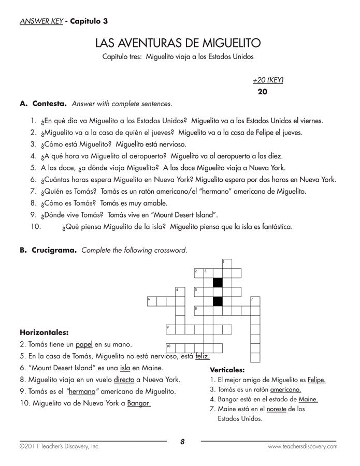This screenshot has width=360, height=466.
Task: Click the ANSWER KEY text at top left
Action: tap(40, 21)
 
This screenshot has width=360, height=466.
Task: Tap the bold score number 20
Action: tap(262, 92)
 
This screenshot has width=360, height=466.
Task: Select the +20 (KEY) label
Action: tap(268, 80)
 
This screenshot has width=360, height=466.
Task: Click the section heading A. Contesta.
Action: tap(43, 103)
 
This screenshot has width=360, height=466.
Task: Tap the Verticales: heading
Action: tap(227, 370)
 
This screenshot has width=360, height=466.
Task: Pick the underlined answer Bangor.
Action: tap(139, 403)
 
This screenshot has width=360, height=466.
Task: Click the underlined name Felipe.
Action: tap(316, 380)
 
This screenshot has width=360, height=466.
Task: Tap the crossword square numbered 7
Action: tap(255, 301)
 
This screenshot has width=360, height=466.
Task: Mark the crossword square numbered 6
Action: tap(152, 301)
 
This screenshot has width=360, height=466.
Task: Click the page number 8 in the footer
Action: tap(182, 442)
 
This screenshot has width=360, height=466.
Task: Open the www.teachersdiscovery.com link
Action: tap(302, 446)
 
